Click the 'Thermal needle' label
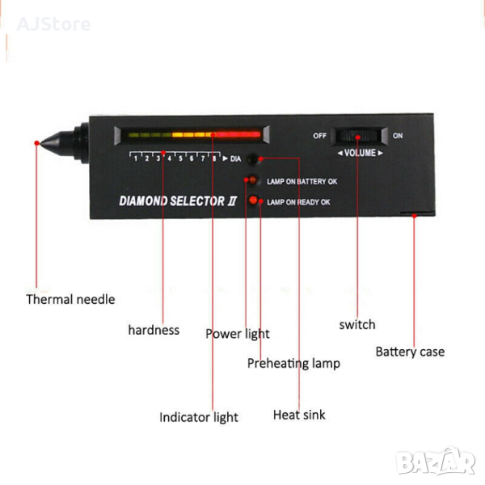(x=70, y=299)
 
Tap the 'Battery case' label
(x=410, y=352)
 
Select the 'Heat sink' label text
(x=299, y=415)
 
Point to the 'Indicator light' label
(x=199, y=417)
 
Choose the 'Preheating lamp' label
(x=293, y=363)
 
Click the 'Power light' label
(x=238, y=334)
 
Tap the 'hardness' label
(x=154, y=330)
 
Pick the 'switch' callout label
(x=357, y=325)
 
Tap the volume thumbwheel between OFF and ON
(x=359, y=136)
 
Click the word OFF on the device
(x=319, y=136)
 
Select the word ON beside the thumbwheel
(x=398, y=136)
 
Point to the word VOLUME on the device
(x=360, y=153)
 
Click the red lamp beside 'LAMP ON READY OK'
(x=253, y=200)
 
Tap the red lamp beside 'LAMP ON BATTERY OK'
(x=253, y=179)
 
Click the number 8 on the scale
(x=214, y=158)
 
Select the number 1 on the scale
(x=136, y=158)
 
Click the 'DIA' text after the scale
(x=235, y=158)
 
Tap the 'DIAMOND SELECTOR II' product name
(x=178, y=201)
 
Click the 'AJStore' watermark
(x=53, y=24)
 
